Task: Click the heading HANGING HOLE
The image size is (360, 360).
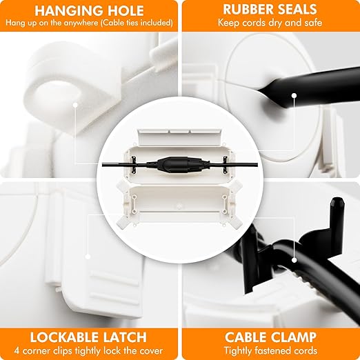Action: pyautogui.click(x=89, y=10)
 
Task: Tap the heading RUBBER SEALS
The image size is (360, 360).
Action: pyautogui.click(x=270, y=10)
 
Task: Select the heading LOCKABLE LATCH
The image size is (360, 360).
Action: pyautogui.click(x=88, y=337)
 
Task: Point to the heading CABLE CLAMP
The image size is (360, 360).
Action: pyautogui.click(x=270, y=337)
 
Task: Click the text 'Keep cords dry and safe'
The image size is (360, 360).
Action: pyautogui.click(x=270, y=23)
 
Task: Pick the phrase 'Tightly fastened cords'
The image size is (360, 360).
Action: pyautogui.click(x=270, y=351)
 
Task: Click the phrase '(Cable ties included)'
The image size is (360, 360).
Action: pyautogui.click(x=137, y=23)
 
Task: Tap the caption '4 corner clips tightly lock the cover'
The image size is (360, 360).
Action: pyautogui.click(x=88, y=351)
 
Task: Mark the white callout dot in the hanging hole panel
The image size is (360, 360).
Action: pyautogui.click(x=75, y=105)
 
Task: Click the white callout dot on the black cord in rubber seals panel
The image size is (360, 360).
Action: pyautogui.click(x=294, y=95)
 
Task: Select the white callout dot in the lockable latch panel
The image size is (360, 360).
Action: pyautogui.click(x=88, y=257)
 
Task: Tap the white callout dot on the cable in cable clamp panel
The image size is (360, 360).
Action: pyautogui.click(x=294, y=260)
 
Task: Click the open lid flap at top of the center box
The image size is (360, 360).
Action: pyautogui.click(x=180, y=137)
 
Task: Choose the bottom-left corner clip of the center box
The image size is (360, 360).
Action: pyautogui.click(x=124, y=221)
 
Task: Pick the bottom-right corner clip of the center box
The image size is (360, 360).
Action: pyautogui.click(x=234, y=221)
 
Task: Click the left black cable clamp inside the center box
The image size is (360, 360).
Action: pyautogui.click(x=134, y=164)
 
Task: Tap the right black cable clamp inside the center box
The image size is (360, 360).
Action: pyautogui.click(x=225, y=164)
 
